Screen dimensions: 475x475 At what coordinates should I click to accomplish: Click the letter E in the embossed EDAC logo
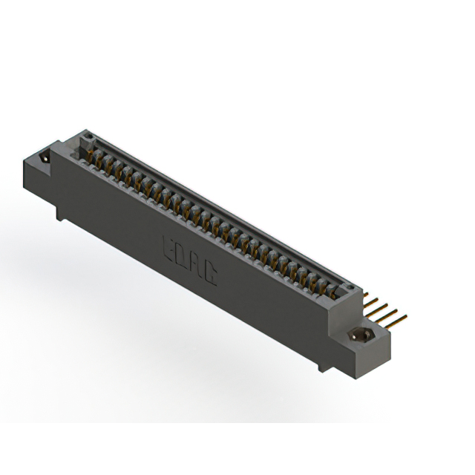pyautogui.click(x=169, y=245)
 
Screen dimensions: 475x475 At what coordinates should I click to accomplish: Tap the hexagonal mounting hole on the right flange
pyautogui.click(x=361, y=335)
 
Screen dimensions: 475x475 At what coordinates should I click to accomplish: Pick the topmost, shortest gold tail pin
pyautogui.click(x=367, y=295)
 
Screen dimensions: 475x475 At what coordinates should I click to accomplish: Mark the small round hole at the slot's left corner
pyautogui.click(x=88, y=137)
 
